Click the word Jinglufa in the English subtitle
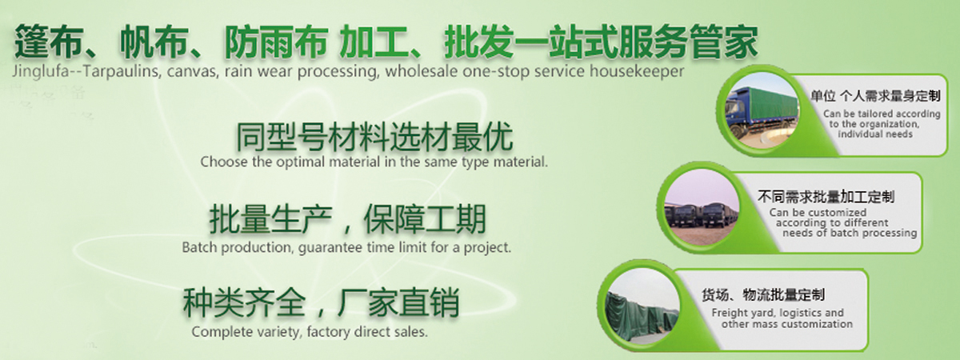click(41, 71)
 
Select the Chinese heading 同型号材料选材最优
click(374, 137)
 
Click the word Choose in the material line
click(223, 162)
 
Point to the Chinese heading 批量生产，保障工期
click(347, 219)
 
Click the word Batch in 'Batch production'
click(200, 247)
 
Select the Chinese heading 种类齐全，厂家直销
click(321, 302)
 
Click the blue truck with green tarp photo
click(762, 111)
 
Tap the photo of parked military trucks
click(702, 207)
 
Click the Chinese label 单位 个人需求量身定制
click(875, 95)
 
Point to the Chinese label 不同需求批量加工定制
click(826, 197)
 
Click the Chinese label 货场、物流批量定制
click(763, 295)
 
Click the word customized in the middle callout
click(838, 213)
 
